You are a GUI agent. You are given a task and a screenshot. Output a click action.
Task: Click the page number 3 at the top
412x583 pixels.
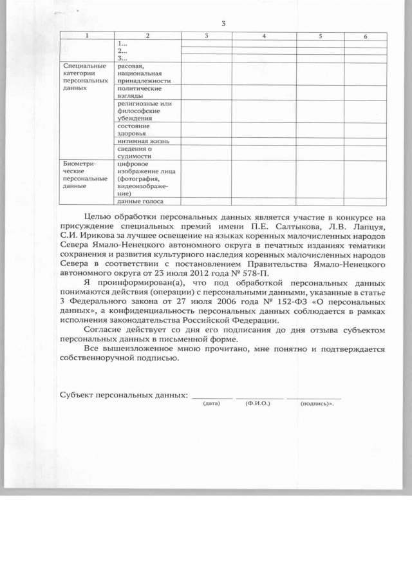click(223, 24)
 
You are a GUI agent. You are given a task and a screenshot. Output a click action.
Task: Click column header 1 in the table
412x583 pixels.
click(88, 36)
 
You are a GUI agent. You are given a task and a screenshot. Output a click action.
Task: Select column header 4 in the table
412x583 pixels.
click(264, 36)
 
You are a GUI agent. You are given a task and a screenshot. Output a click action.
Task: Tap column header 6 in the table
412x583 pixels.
click(365, 37)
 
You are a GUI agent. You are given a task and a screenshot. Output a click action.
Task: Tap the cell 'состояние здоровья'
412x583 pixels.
click(135, 129)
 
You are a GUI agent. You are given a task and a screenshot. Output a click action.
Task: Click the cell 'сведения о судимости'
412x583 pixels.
click(135, 152)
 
